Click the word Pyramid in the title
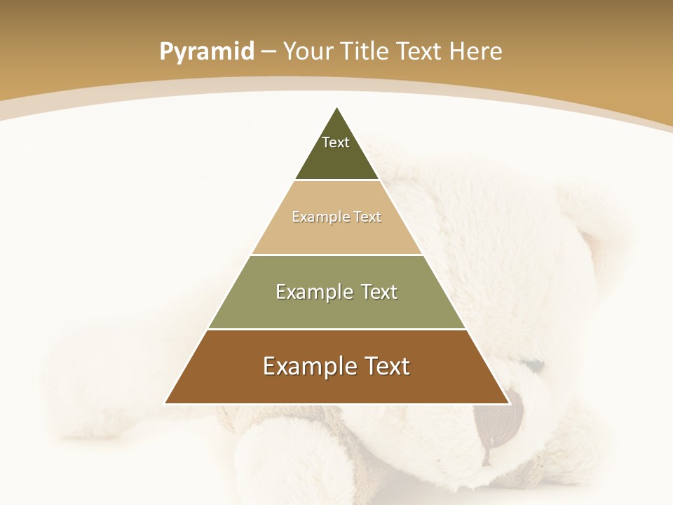pyautogui.click(x=206, y=52)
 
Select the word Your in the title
pyautogui.click(x=307, y=51)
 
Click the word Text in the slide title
pyautogui.click(x=419, y=51)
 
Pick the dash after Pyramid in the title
pyautogui.click(x=268, y=52)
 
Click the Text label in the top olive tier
pyautogui.click(x=336, y=142)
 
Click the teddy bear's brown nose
pyautogui.click(x=498, y=421)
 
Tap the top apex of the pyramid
pyautogui.click(x=337, y=108)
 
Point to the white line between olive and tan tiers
pyautogui.click(x=337, y=180)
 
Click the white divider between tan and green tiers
pyautogui.click(x=337, y=255)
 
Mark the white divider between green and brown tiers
pyautogui.click(x=337, y=329)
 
